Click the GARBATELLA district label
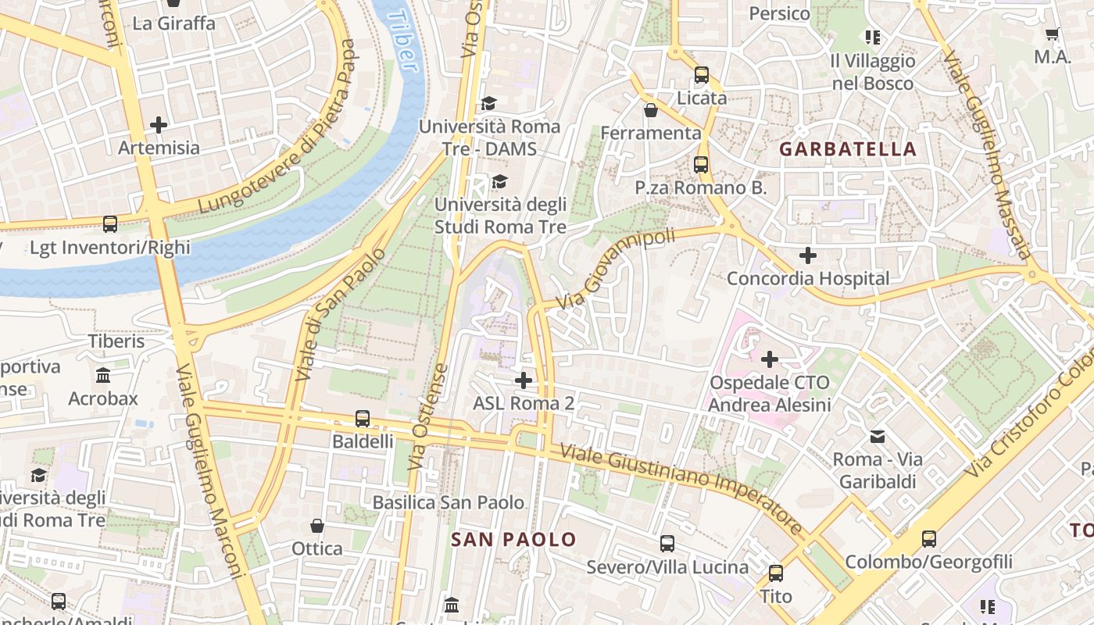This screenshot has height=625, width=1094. (848, 149)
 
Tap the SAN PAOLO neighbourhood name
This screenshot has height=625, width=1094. (513, 539)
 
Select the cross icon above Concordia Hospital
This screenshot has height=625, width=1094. (808, 255)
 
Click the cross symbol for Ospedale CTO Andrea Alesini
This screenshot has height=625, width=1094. (770, 359)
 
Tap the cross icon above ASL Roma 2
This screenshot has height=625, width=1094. (524, 380)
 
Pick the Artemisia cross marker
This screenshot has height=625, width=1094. (159, 124)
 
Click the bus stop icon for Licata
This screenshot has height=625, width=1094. (702, 75)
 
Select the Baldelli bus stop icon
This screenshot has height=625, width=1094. (363, 418)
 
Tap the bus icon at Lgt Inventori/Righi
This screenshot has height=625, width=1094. (110, 224)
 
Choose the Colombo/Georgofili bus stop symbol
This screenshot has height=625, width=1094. (928, 538)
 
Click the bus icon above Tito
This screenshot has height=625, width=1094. (776, 573)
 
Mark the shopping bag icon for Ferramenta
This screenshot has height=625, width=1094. (650, 110)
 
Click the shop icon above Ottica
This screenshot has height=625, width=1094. (317, 525)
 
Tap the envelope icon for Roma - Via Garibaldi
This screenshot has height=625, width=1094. (878, 436)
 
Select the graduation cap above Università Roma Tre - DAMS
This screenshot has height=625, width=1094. (489, 103)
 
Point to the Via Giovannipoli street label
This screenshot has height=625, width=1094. (615, 268)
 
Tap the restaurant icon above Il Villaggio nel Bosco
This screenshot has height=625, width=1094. (872, 37)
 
